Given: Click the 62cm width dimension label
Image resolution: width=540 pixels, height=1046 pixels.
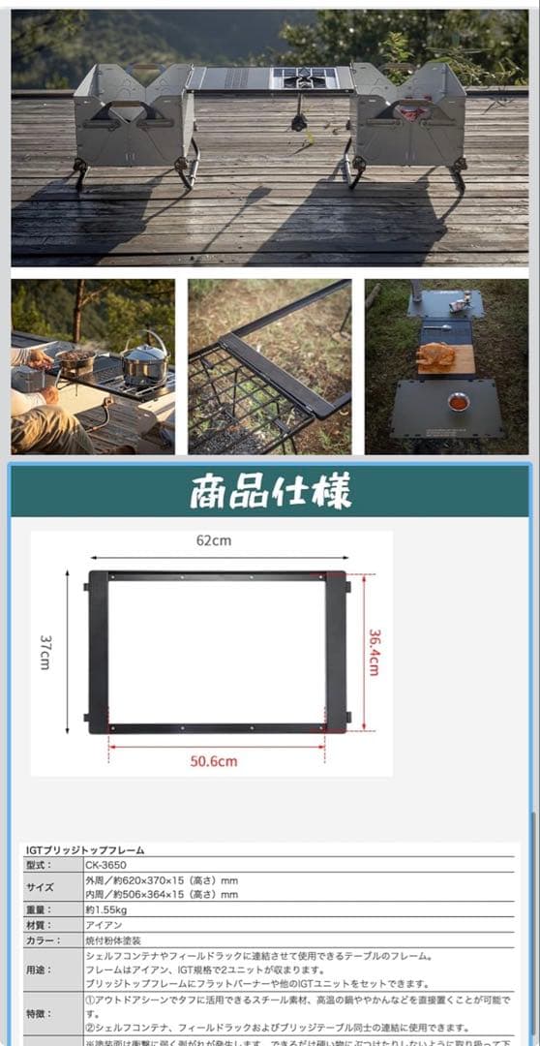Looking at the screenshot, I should coord(214,541).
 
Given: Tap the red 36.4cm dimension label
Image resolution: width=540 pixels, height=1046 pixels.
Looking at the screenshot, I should coord(375,652).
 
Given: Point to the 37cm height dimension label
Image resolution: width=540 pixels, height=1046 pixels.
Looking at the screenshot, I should coord(45,651).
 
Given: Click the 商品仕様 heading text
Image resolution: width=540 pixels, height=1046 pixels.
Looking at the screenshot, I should coord(271,492).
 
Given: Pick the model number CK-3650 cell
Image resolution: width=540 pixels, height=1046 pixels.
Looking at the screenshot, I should coord(106,865).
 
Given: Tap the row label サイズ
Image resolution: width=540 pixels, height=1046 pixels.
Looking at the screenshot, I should coord(44,887).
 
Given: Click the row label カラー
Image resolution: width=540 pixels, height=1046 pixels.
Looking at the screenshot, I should coord(45,939).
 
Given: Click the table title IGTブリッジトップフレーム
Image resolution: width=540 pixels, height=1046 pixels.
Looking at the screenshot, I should coord(86,850).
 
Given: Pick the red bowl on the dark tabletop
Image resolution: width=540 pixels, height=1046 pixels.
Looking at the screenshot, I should coord(458,401).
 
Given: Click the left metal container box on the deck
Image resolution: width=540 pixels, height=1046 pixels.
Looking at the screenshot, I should coord(134,118).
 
